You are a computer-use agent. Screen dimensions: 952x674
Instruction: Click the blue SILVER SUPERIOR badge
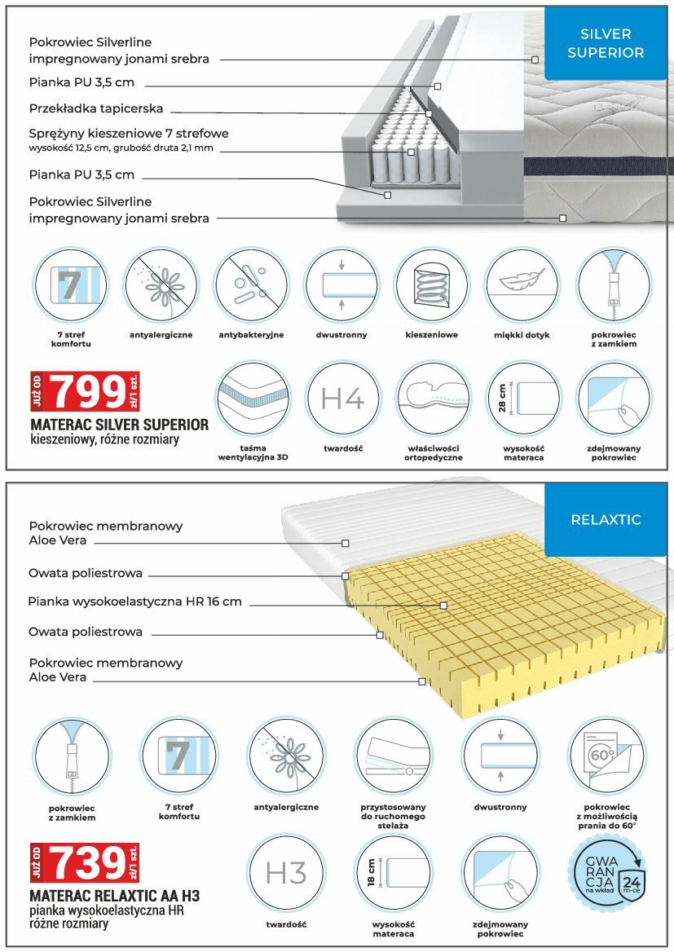point(605,43)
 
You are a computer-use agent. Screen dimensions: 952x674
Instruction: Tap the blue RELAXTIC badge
point(605,519)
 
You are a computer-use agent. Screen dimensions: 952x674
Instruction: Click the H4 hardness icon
point(343,399)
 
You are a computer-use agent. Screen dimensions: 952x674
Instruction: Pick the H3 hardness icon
point(286,873)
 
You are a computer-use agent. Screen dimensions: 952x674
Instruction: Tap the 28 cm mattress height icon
point(524,399)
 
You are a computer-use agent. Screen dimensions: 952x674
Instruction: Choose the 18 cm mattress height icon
point(394,873)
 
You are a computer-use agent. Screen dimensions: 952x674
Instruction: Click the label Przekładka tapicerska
point(96,108)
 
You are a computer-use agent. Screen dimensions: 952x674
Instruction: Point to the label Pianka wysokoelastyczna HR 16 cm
point(134,602)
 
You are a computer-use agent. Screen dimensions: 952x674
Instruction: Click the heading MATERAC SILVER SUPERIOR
point(119,425)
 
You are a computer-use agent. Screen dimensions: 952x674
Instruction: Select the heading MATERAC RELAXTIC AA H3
point(114,896)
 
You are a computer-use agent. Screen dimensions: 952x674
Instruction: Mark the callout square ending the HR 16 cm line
point(443,605)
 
